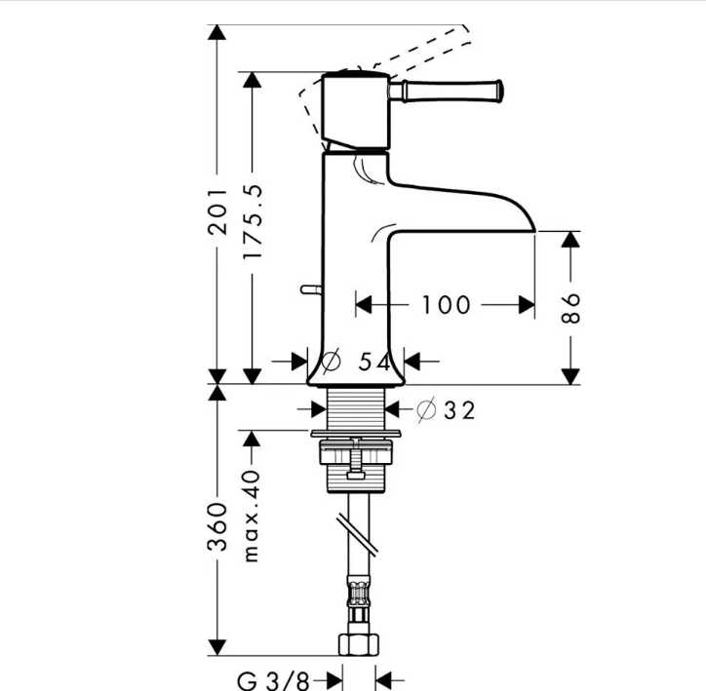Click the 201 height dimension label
pos(217,211)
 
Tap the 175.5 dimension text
pos(253,221)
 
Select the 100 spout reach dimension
pos(446,304)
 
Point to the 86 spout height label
pos(570,308)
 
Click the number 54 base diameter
pos(374,362)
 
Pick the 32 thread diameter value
pos(459,410)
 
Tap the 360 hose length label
pos(217,527)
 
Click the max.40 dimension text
pos(252,516)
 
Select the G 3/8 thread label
pos(273,680)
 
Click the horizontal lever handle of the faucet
pos(446,92)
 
